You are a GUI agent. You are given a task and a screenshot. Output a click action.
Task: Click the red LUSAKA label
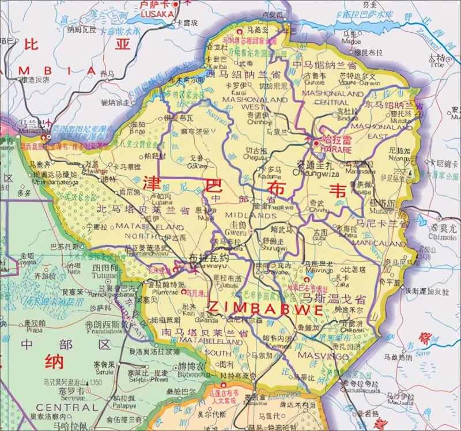(157, 13)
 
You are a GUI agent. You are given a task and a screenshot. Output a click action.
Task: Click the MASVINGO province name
(323, 357)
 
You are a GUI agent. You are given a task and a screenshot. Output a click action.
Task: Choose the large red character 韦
(338, 190)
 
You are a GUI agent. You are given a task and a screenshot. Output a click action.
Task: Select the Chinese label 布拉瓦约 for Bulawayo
(209, 258)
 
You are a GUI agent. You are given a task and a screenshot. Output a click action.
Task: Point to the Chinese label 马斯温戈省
(333, 299)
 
